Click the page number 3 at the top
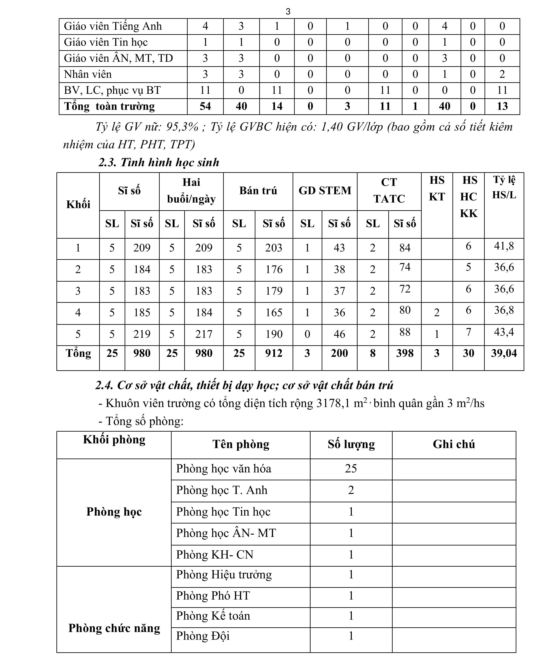click(x=288, y=12)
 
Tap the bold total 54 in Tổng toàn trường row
click(x=205, y=106)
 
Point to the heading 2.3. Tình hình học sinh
click(x=159, y=163)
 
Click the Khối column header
click(x=78, y=204)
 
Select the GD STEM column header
click(x=325, y=190)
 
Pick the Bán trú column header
click(x=258, y=190)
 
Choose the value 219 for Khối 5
click(x=142, y=334)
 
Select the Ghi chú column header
click(x=454, y=444)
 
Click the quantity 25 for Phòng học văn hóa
click(x=351, y=469)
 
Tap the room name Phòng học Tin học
click(x=223, y=512)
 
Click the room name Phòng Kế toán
click(x=213, y=616)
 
